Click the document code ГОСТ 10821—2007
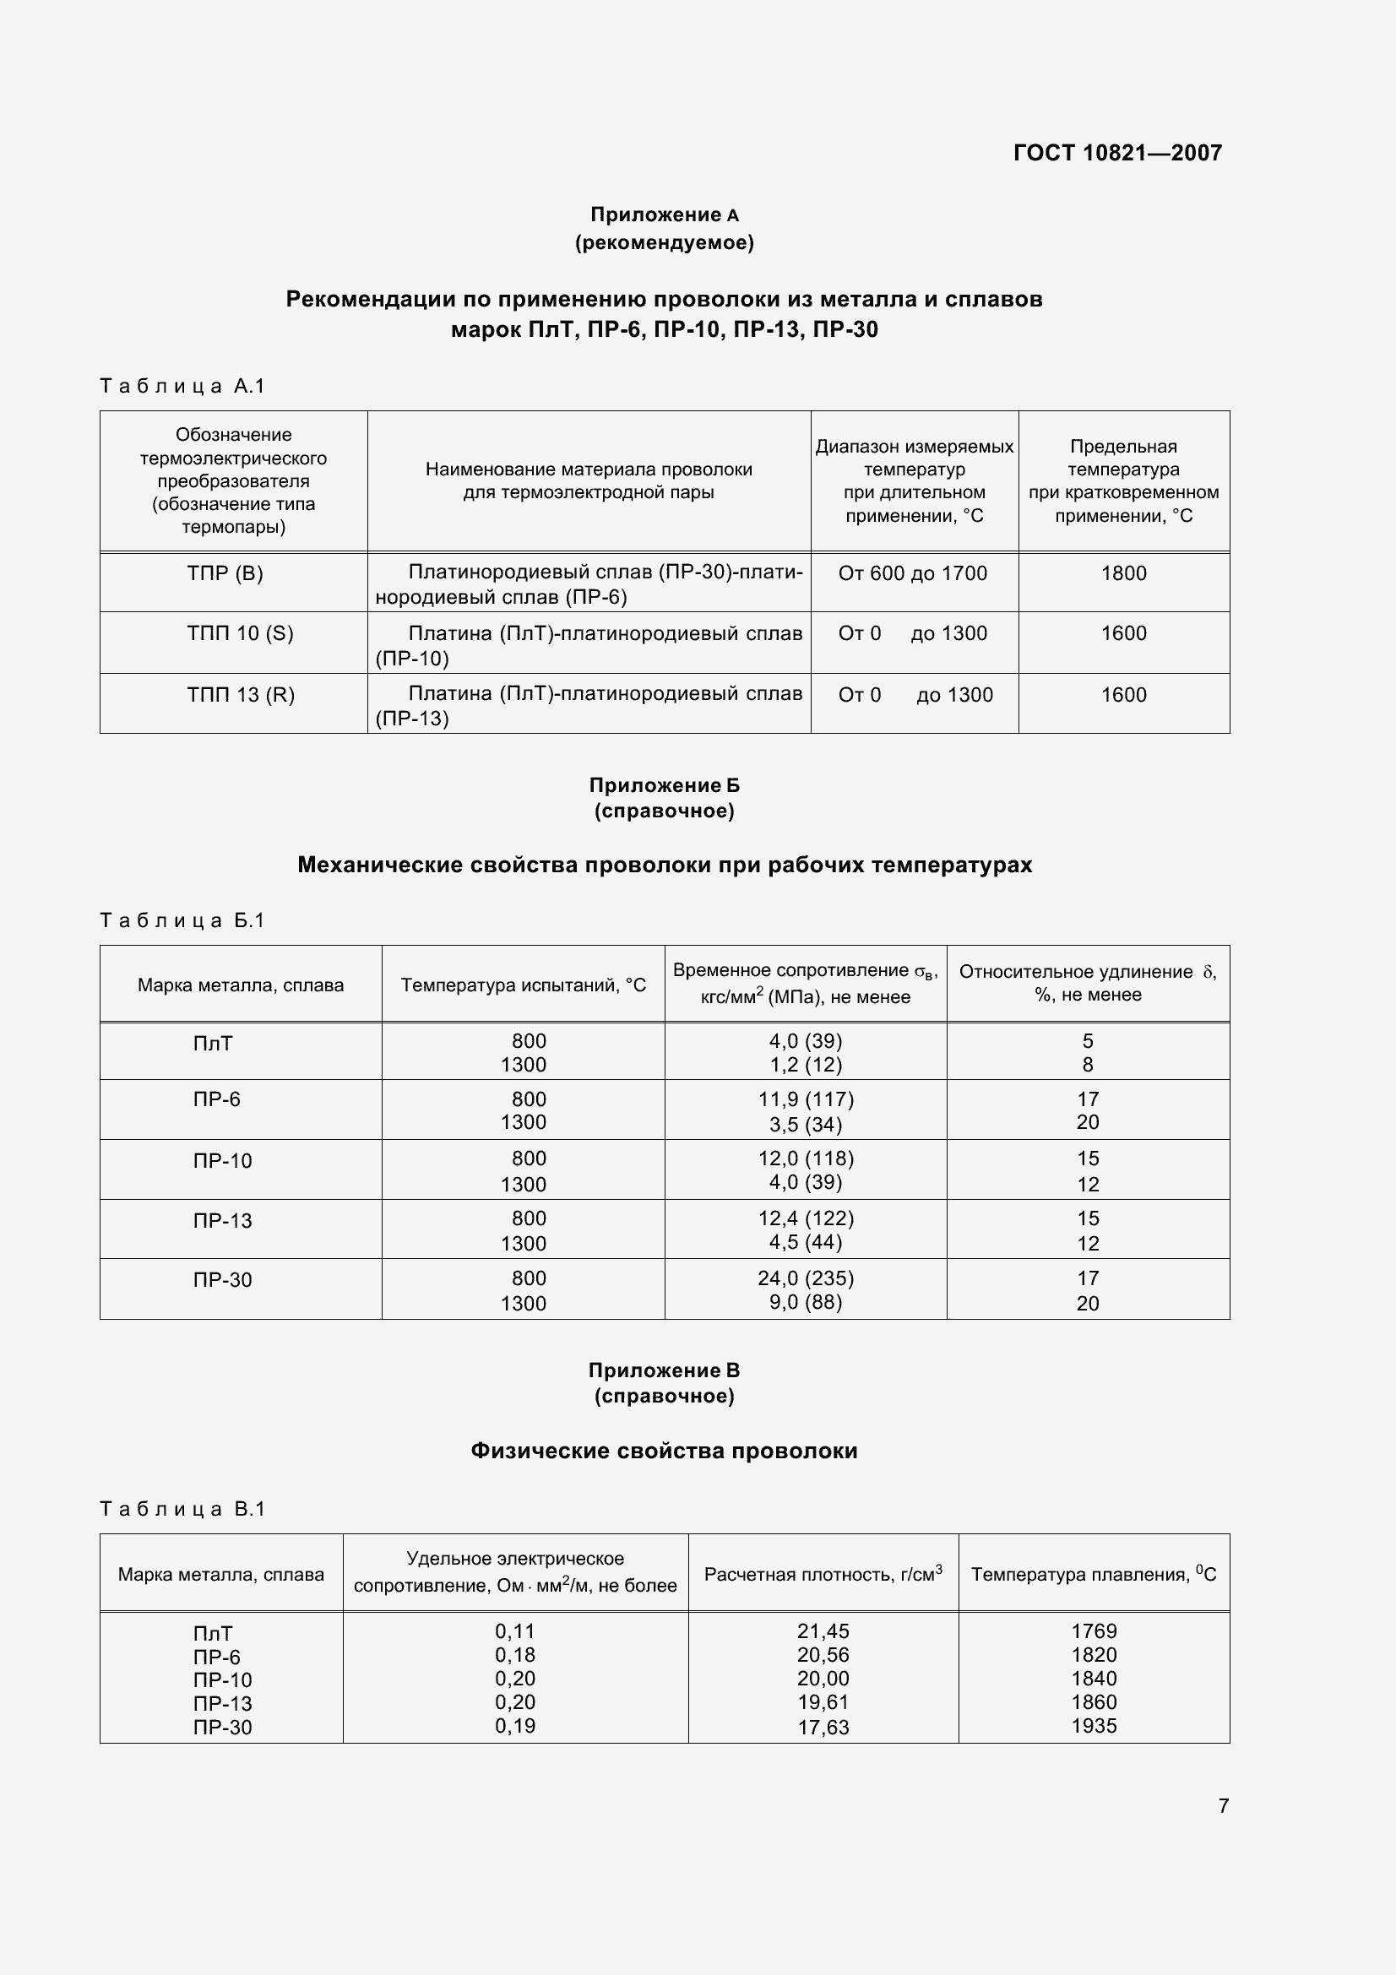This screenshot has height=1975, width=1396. coord(1116,153)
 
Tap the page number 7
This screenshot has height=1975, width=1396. coord(1223,1805)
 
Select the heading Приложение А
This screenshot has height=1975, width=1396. coord(663,215)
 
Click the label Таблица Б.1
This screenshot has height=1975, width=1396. coord(182,920)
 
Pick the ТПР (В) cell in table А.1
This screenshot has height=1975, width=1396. coord(225,573)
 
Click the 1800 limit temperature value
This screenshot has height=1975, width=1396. coord(1123,573)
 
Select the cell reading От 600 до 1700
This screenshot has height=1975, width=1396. coord(912,573)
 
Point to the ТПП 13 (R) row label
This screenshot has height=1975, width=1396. coord(240,695)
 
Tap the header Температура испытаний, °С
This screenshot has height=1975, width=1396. coord(523,985)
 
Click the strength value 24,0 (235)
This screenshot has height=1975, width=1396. coord(805,1278)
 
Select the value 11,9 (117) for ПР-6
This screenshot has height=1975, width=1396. coord(805,1099)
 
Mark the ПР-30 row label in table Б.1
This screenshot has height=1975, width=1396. coord(222,1280)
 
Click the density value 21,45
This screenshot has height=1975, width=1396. coord(823,1631)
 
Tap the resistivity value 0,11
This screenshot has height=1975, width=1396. coord(514,1631)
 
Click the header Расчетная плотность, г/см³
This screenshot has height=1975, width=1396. coord(823,1574)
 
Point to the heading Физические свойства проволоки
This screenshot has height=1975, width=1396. coord(663,1451)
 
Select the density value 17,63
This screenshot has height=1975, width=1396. coord(823,1728)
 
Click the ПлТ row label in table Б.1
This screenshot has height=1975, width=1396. coord(213,1044)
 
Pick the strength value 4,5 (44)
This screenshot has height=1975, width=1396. coord(805,1242)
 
